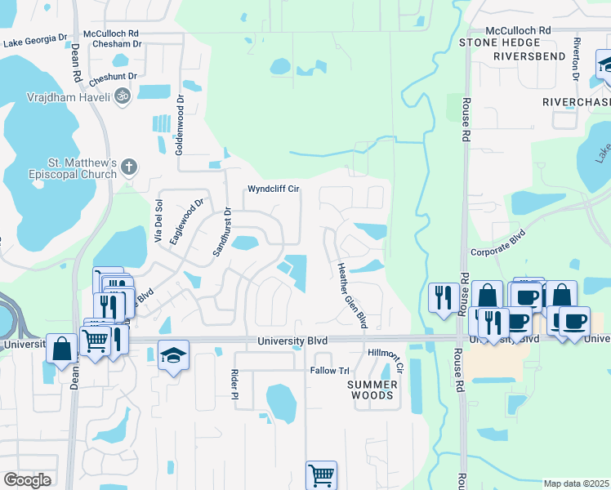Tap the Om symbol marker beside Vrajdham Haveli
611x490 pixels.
(123, 96)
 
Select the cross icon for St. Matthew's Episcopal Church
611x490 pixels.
(128, 168)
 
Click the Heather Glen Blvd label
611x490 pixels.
(351, 295)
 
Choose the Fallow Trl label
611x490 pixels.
(329, 371)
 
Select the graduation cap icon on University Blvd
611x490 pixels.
(173, 355)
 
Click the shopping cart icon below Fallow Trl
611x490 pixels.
(321, 474)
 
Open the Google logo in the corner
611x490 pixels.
(27, 480)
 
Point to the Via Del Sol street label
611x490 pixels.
(159, 221)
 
